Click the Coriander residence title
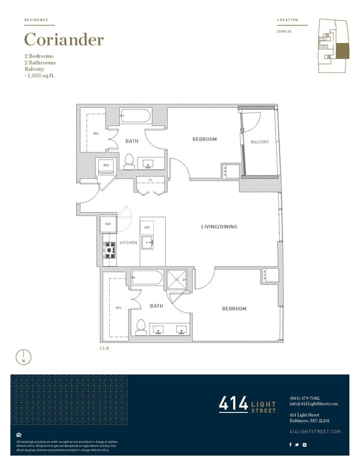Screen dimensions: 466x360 tap(63, 40)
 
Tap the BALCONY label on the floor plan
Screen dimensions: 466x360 tap(260, 142)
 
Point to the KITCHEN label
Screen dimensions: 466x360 tap(128, 243)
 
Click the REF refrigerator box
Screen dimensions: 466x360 tap(108, 224)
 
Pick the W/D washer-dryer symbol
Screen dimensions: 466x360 tap(105, 165)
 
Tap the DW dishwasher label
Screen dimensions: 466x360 tap(147, 227)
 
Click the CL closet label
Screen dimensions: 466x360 tap(150, 179)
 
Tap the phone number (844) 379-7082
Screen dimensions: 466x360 tap(304, 398)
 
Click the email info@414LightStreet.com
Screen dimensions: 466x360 tap(313, 404)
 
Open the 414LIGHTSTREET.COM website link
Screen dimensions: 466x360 tap(315, 431)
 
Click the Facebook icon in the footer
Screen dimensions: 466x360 tap(291, 444)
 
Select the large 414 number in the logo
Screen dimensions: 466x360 tap(234, 404)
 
